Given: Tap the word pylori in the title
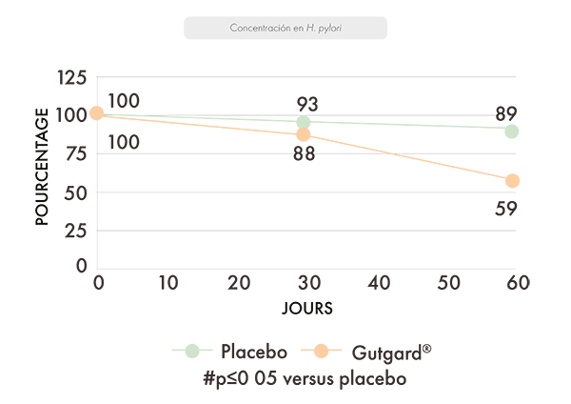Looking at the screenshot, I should pyautogui.click(x=329, y=28).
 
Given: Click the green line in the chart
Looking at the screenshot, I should pyautogui.click(x=381, y=125).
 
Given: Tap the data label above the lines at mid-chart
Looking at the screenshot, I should pyautogui.click(x=305, y=96).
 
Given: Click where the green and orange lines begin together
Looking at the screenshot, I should pyautogui.click(x=95, y=112).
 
